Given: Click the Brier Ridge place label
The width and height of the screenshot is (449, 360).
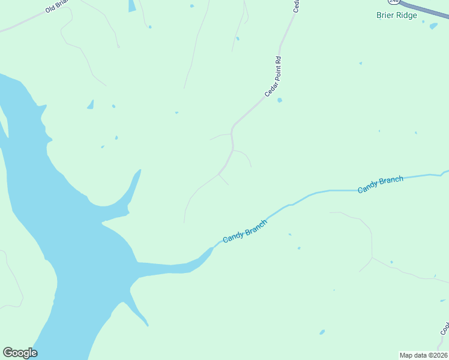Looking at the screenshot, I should [x=396, y=15].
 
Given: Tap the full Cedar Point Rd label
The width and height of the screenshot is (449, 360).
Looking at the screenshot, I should [x=273, y=77].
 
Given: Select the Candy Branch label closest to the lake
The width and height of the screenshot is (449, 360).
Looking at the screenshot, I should [x=244, y=231].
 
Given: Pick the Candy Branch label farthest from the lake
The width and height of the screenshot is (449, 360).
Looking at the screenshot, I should [x=380, y=185].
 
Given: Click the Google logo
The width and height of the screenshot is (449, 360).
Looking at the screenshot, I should [x=20, y=353].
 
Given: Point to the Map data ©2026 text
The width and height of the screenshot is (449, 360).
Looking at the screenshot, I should [x=423, y=355].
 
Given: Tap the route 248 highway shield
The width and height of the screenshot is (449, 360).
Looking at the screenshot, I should [x=394, y=2].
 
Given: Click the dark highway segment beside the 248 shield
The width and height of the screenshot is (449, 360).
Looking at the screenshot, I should [x=426, y=10].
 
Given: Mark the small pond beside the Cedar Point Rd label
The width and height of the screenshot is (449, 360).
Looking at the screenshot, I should [x=280, y=100].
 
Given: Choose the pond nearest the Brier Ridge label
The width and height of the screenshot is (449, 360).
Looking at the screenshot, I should [x=433, y=26].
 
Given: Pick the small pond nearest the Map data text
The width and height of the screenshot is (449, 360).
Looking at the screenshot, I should [x=322, y=332].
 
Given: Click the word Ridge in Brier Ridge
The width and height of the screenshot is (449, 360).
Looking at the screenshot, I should [x=406, y=15].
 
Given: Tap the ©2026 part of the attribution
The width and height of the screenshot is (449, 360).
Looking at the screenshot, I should [x=438, y=355].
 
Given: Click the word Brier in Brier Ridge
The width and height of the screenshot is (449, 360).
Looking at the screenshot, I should [x=385, y=15].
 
